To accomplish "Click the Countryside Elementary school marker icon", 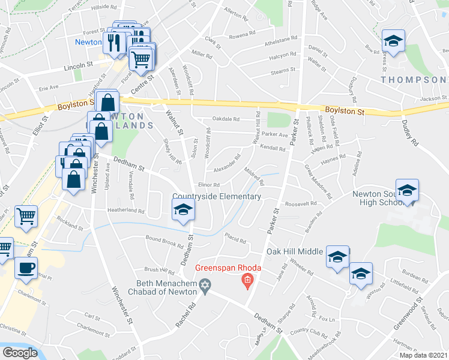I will (x=183, y=209).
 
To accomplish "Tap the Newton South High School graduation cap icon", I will (x=408, y=191).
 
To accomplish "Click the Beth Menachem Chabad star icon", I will (x=205, y=288).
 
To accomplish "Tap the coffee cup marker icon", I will (x=25, y=268).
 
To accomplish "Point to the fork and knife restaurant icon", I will (x=113, y=43).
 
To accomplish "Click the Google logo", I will (x=20, y=353).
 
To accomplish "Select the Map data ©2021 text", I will (x=424, y=355).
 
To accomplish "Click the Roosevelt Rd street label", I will (x=301, y=204).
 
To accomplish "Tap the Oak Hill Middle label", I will (x=295, y=251).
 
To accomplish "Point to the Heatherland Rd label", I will (x=126, y=211).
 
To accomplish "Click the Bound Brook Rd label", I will (x=164, y=241).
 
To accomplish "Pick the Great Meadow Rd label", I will (x=318, y=181).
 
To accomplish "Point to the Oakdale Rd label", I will (x=225, y=119).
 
